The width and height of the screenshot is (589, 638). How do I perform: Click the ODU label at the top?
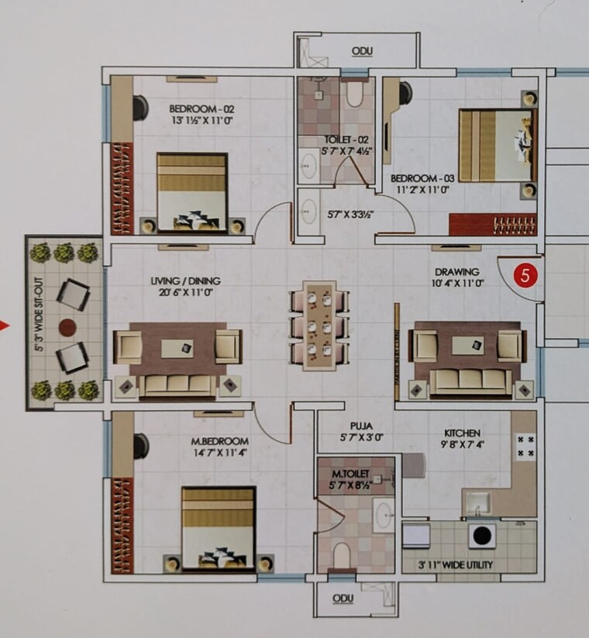tap(362, 51)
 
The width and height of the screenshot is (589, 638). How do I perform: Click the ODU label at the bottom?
tap(342, 598)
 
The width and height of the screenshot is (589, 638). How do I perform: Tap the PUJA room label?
tap(361, 426)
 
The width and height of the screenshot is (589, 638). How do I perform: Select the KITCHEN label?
tap(462, 433)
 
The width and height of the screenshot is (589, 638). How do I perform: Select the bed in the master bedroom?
tap(219, 529)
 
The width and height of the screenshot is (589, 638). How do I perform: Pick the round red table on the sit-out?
tap(67, 326)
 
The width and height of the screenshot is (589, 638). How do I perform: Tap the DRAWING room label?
tap(457, 271)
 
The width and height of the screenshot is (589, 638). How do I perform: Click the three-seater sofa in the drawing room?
tap(465, 380)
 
